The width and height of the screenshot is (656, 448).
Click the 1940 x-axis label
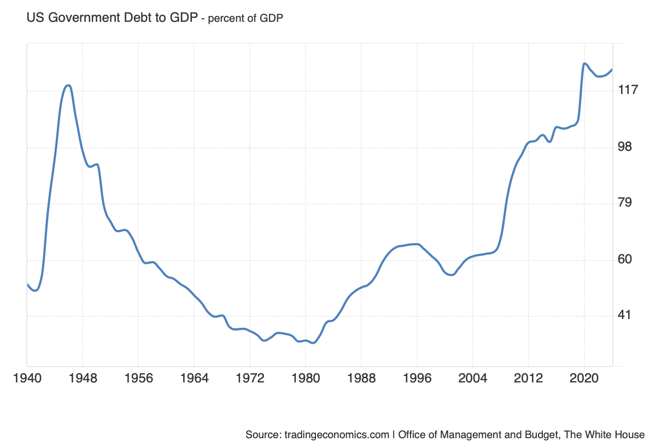[x=27, y=378]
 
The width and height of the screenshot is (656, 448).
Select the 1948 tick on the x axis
[x=83, y=378]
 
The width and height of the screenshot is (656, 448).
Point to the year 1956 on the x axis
[x=138, y=378]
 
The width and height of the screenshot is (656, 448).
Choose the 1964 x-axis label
[x=194, y=378]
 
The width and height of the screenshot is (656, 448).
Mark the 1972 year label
[x=250, y=378]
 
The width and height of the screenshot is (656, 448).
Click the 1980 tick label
[x=306, y=378]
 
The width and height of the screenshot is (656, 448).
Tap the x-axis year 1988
[x=361, y=378]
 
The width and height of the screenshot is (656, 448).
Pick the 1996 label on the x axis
[x=417, y=378]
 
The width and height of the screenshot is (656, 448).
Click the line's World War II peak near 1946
[x=68, y=85]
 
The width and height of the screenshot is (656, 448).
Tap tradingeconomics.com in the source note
[x=336, y=435]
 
